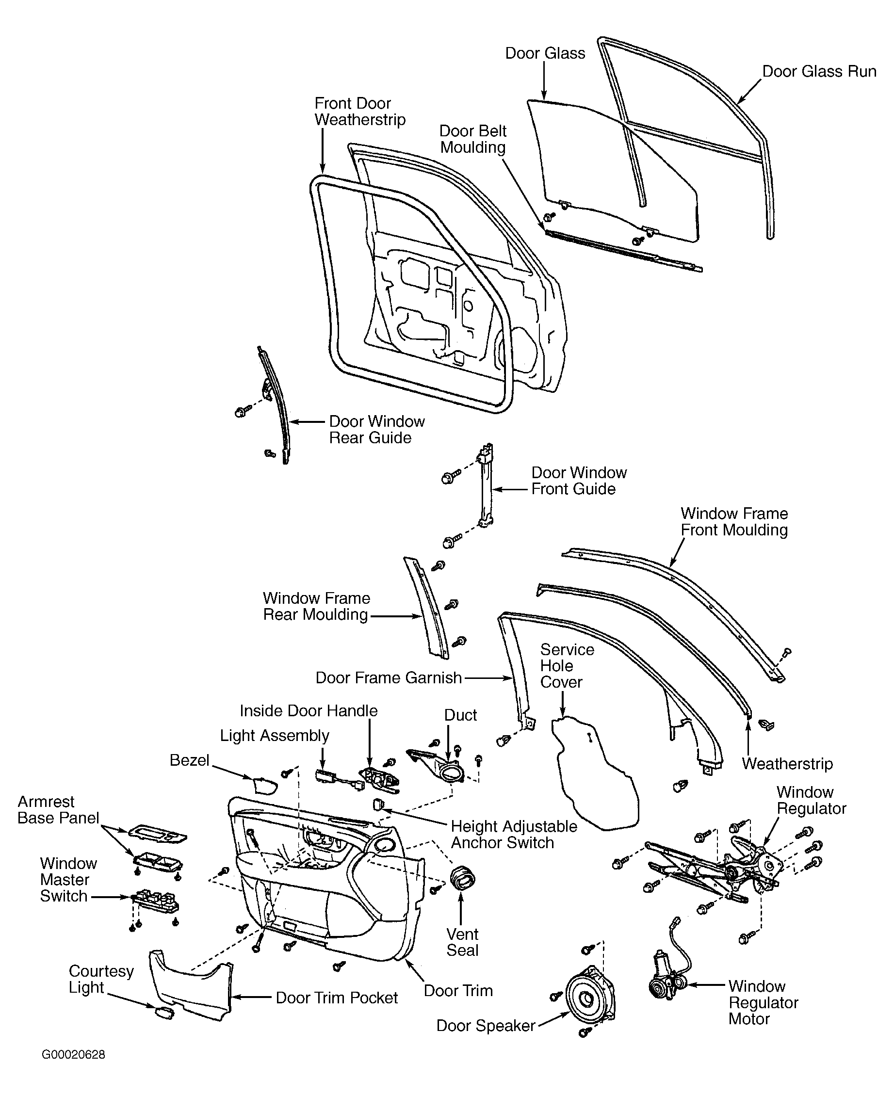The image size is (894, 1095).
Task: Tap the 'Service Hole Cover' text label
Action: click(x=567, y=666)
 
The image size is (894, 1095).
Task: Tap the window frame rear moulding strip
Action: click(x=427, y=608)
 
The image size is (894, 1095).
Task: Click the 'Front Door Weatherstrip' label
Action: click(x=360, y=111)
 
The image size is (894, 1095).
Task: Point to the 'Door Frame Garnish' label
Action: click(x=389, y=677)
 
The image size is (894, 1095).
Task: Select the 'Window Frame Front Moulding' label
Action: click(x=734, y=521)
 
